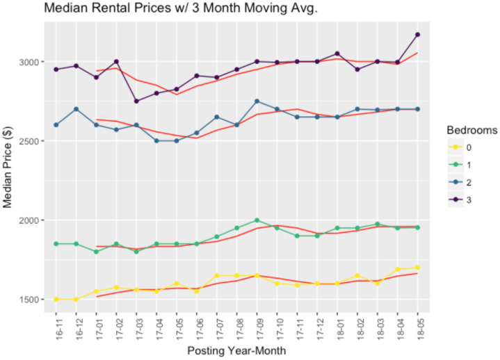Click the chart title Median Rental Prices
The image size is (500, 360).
click(x=167, y=9)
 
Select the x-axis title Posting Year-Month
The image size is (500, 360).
click(x=236, y=352)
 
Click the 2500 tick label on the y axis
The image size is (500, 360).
click(x=31, y=141)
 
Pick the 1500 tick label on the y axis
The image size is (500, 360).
click(x=31, y=300)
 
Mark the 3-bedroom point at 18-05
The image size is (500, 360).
click(x=418, y=35)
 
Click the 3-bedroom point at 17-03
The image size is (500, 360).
click(x=136, y=101)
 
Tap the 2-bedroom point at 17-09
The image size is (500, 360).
click(x=257, y=101)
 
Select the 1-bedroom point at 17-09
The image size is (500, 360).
click(x=257, y=220)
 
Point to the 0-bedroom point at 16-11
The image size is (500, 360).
click(x=56, y=300)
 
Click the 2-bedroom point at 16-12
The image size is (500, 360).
click(x=76, y=109)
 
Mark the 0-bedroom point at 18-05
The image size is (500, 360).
click(x=418, y=268)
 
